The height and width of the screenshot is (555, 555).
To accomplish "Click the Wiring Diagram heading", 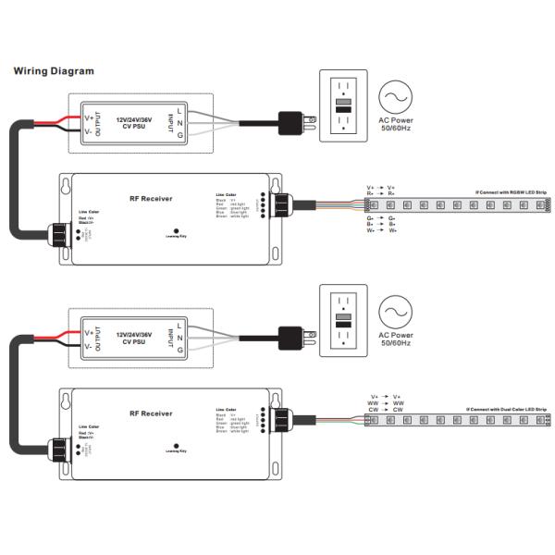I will click(53, 71).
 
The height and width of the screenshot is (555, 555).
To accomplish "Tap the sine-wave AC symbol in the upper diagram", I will click(395, 96).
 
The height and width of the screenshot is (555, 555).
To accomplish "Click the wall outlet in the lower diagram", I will click(343, 320).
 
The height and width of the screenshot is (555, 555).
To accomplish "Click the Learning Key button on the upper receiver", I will click(176, 232).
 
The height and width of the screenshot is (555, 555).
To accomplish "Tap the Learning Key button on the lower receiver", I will click(176, 445).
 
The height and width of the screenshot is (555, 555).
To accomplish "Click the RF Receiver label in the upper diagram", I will click(152, 199).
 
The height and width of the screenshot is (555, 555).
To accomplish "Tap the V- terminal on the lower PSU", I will click(89, 347).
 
